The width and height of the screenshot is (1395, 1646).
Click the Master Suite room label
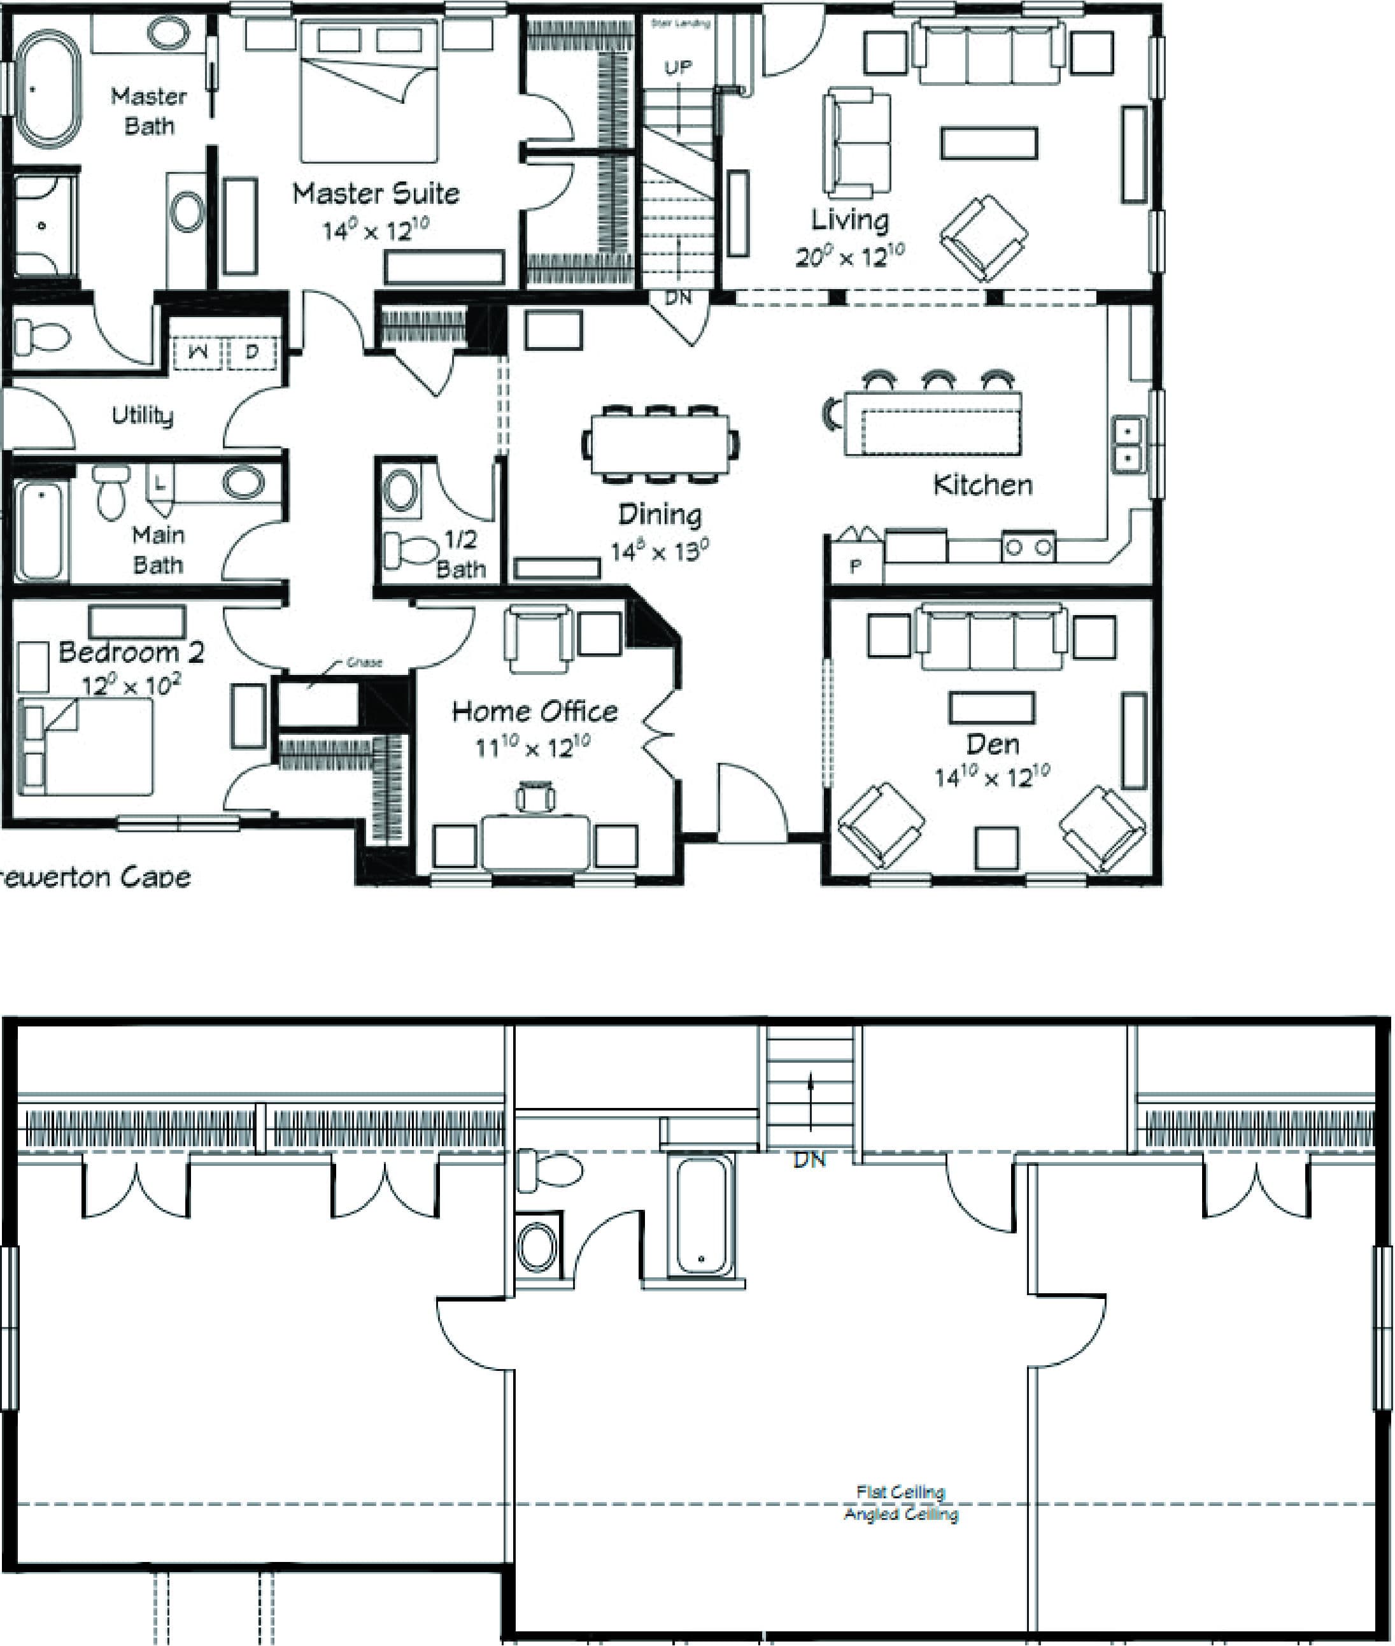click(376, 194)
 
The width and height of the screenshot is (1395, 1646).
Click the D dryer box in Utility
click(252, 353)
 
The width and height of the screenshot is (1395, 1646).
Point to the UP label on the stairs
click(677, 67)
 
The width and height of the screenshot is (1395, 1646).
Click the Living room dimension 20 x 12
click(849, 255)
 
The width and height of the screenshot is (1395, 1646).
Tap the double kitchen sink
click(1128, 444)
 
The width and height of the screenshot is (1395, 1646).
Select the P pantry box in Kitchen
click(855, 566)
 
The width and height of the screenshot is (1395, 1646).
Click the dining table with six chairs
click(661, 444)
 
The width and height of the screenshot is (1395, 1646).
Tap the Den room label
click(993, 744)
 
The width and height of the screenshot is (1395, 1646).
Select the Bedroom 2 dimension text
click(131, 685)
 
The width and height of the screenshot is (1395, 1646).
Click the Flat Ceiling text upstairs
click(901, 1492)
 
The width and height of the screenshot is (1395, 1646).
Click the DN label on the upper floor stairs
click(809, 1160)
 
